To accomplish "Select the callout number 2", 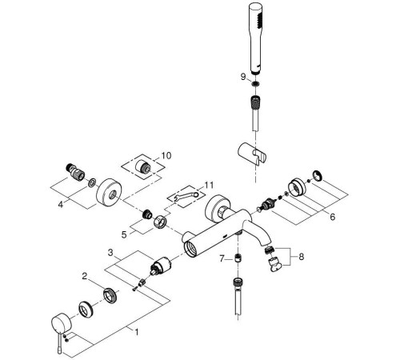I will [x=84, y=276].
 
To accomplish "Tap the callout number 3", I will [x=112, y=253].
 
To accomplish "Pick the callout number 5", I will [x=124, y=234].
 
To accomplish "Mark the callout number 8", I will [x=302, y=258].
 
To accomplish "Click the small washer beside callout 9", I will [x=254, y=83].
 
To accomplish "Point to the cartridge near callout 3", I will [x=162, y=267].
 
